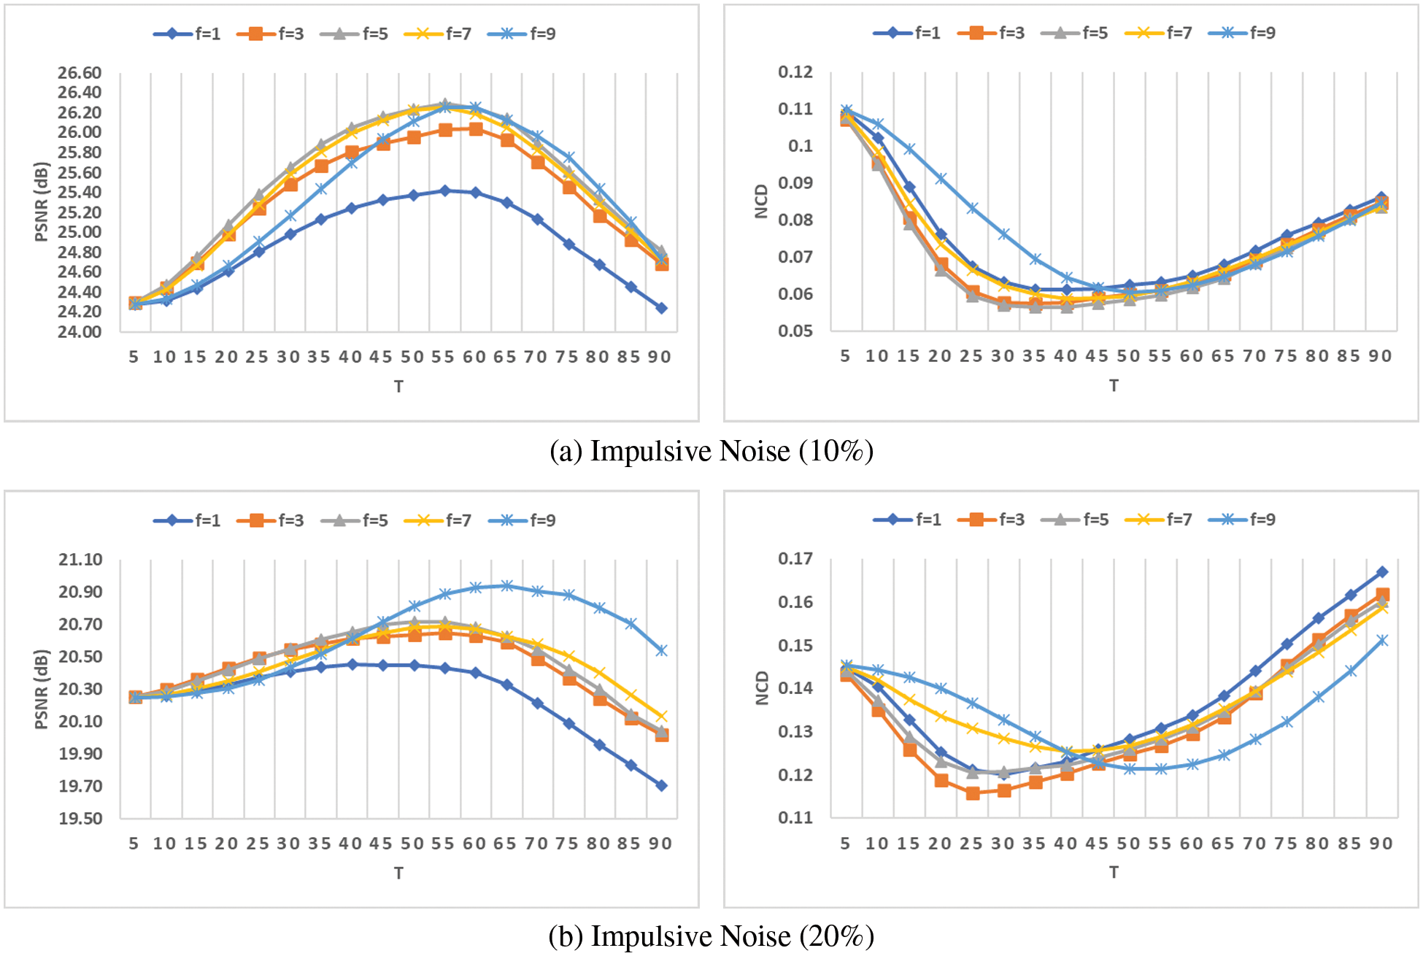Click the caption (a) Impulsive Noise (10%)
[x=711, y=452]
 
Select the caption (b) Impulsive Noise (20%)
[x=711, y=936]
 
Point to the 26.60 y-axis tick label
[x=80, y=73]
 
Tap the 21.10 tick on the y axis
[x=80, y=560]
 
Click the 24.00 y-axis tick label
[x=80, y=332]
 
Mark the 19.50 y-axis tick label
[x=80, y=819]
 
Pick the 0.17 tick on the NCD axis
[x=795, y=559]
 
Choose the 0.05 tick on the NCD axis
[x=795, y=331]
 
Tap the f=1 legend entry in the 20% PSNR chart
[x=188, y=520]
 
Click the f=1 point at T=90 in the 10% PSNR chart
[x=661, y=309]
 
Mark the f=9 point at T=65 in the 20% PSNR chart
[x=506, y=586]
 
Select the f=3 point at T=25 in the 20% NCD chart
[x=972, y=793]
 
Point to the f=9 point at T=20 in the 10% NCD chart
[x=941, y=179]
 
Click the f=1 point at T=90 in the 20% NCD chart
[x=1381, y=572]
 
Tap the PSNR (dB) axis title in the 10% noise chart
[x=41, y=201]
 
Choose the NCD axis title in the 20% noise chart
[x=762, y=688]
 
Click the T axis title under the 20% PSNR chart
[x=398, y=873]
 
